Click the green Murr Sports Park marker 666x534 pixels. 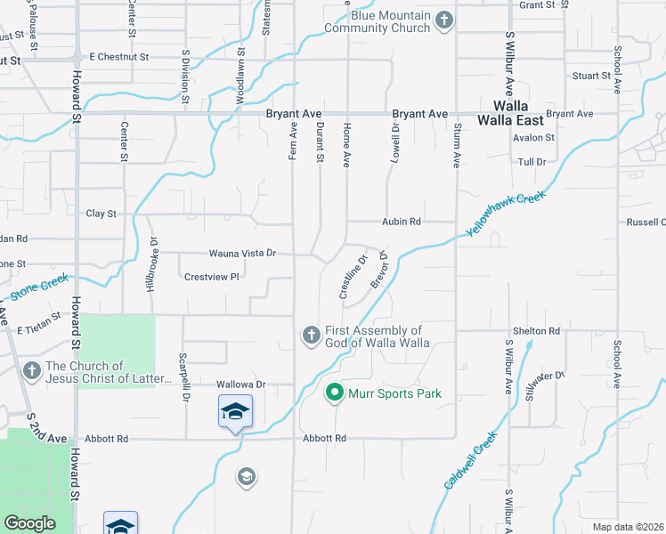tap(335, 392)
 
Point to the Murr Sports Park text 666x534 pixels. tap(394, 393)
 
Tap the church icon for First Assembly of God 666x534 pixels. tap(311, 335)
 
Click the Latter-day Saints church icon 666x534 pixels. tap(31, 370)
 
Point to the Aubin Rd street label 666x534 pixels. tap(401, 221)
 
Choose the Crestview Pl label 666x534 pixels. tap(212, 277)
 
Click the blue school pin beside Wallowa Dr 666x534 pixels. tap(235, 412)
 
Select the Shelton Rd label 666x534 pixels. tap(542, 331)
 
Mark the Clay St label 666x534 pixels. tap(101, 214)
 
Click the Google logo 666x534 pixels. tap(30, 523)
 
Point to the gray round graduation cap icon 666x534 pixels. tap(247, 478)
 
